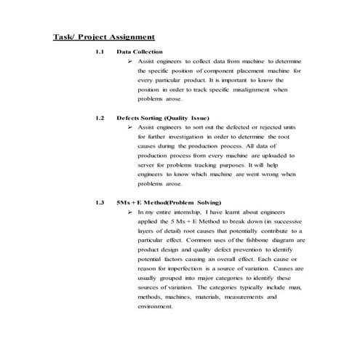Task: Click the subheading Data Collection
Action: [140, 52]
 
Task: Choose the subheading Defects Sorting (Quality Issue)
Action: [163, 118]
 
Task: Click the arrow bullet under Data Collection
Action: [129, 63]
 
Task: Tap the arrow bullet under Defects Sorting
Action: [129, 127]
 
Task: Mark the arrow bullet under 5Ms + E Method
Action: [129, 212]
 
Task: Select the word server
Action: [148, 165]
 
